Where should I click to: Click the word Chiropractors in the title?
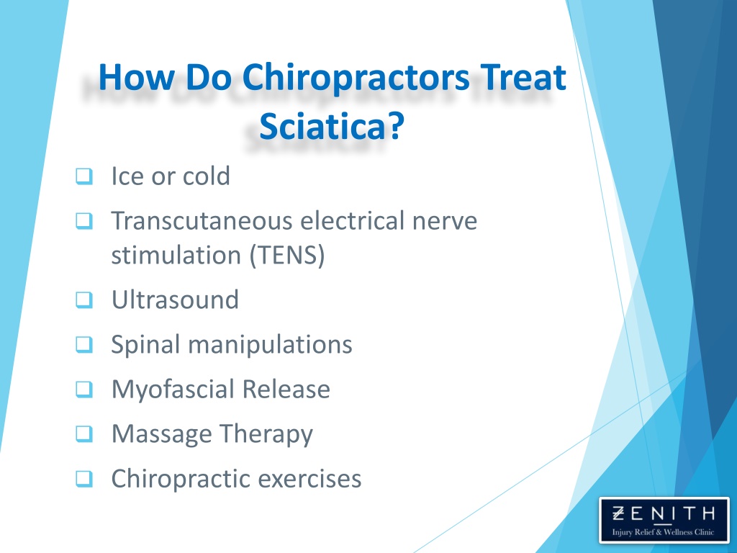[x=356, y=78]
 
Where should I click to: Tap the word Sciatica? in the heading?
[x=332, y=127]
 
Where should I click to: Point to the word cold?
[x=207, y=176]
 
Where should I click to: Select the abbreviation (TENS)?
[x=287, y=256]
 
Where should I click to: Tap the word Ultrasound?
[x=176, y=300]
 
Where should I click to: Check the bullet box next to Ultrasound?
[x=84, y=300]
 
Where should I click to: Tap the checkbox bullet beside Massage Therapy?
[x=84, y=433]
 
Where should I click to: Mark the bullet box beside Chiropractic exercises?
[x=84, y=479]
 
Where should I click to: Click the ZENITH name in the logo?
[x=664, y=513]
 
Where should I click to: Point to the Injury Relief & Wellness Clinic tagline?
[x=663, y=532]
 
